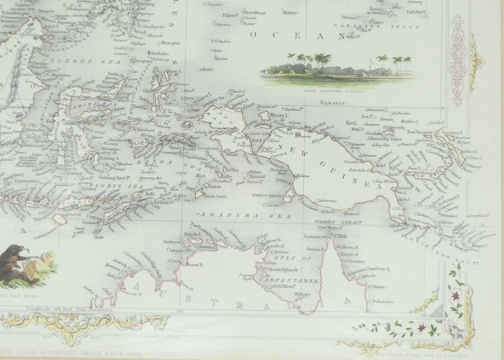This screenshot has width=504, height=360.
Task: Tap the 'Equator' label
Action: pyautogui.click(x=332, y=103)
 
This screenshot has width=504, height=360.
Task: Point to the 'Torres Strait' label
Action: pyautogui.click(x=338, y=223)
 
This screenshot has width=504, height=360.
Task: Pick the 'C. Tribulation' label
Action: pyautogui.click(x=381, y=302)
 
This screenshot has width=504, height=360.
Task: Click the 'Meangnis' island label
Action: pyautogui.click(x=170, y=43)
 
